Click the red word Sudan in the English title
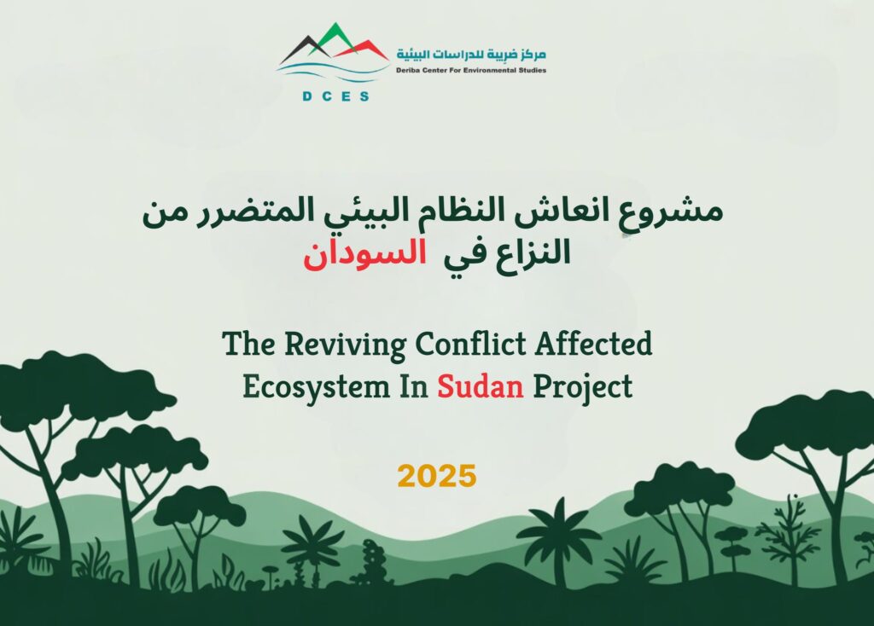click(x=480, y=386)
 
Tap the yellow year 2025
click(x=437, y=476)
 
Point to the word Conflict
click(x=470, y=343)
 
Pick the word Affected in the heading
click(x=594, y=343)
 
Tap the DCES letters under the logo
click(x=335, y=96)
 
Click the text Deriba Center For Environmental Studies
click(x=471, y=70)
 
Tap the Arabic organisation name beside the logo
click(x=471, y=54)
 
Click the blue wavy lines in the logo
click(x=333, y=72)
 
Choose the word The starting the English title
click(x=248, y=343)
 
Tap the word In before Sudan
click(x=413, y=386)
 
